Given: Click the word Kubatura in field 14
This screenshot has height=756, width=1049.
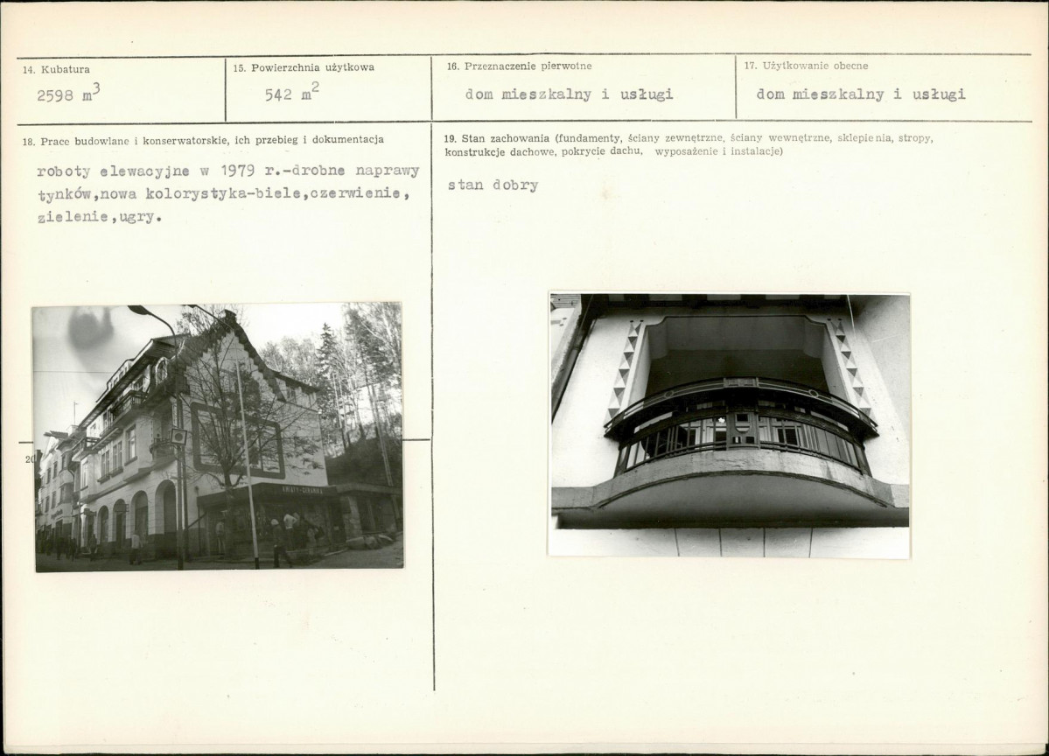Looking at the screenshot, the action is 66,70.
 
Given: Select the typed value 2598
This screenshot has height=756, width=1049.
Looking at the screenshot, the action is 55,95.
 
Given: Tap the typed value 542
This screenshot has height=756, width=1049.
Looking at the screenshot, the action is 277,95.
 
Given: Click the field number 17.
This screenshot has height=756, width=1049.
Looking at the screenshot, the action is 751,66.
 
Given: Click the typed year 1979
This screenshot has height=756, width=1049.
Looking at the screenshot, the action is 237,171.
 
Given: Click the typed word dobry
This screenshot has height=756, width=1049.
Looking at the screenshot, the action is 515,185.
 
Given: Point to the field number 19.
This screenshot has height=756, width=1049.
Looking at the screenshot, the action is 451,138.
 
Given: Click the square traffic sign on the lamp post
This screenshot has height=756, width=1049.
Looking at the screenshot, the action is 178,437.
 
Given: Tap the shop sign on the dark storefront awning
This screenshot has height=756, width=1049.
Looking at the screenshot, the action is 302,490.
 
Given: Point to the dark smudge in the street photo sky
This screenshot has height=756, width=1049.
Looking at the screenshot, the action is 91,329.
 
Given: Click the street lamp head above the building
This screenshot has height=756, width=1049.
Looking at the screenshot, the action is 140,311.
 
